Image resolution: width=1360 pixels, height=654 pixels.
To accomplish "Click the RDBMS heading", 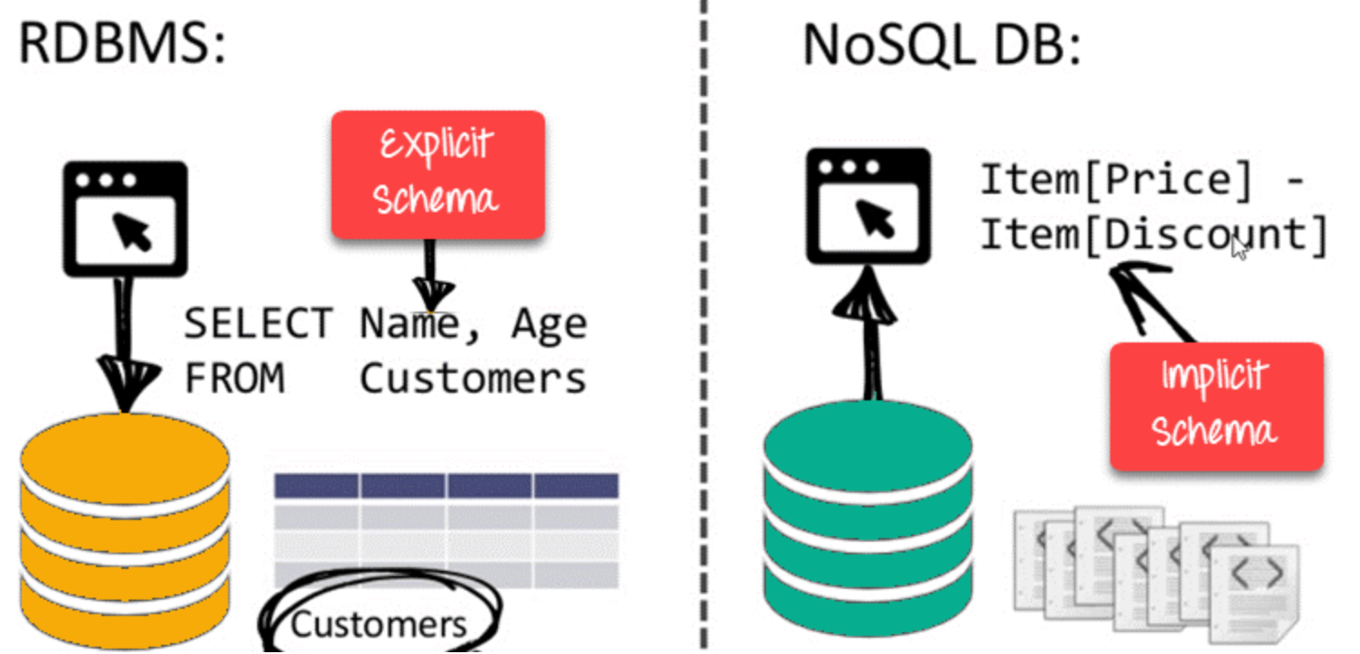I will coord(122,43).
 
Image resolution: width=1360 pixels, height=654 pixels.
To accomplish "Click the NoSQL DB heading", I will coord(942,43).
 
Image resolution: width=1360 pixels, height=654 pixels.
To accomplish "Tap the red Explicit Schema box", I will coord(437,174).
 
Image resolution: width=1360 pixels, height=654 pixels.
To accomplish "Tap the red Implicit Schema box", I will coord(1215,406).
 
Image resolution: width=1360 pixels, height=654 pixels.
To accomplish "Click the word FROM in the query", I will coord(235,378).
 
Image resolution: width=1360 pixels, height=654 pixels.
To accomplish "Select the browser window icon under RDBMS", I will coord(125,218).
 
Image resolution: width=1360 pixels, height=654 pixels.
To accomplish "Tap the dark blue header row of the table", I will coord(446,486).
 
